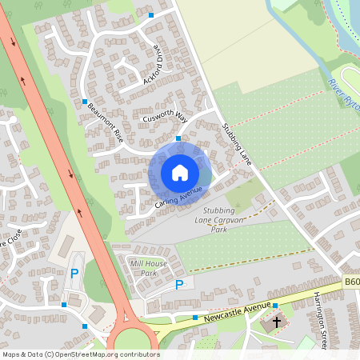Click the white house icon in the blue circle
[180, 173]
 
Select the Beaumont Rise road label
[106, 120]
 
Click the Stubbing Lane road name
[237, 144]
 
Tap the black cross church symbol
[277, 323]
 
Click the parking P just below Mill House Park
[179, 284]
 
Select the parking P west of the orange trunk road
[74, 273]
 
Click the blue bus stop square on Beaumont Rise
[85, 102]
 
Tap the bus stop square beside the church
[274, 306]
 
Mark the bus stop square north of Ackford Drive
[151, 14]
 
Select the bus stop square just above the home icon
[178, 138]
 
